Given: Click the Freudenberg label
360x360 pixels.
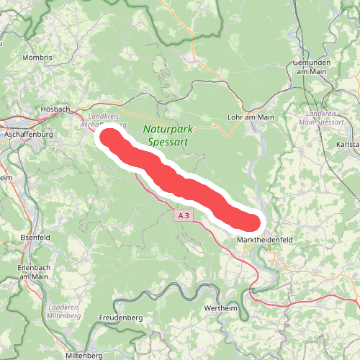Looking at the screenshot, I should point(119,317).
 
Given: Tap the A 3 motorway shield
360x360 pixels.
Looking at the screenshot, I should point(184,215).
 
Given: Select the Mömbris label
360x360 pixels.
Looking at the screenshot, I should point(38,56).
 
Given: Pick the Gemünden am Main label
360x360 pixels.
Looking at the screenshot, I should point(316,67).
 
